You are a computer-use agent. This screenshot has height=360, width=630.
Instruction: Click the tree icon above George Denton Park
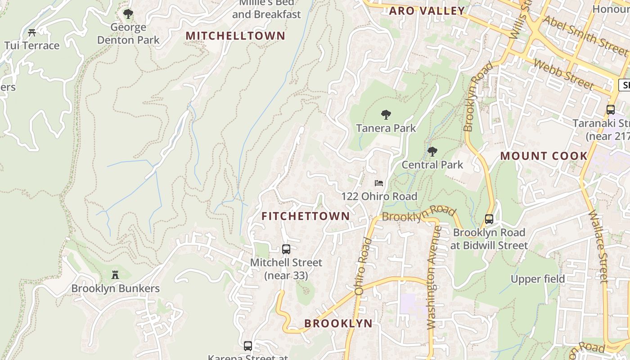coord(128,14)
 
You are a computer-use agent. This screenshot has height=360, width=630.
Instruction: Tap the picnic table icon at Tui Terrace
coord(31,32)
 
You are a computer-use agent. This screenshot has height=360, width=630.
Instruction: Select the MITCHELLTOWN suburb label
coord(235,36)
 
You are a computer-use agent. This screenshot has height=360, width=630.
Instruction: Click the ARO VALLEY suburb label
coord(427,11)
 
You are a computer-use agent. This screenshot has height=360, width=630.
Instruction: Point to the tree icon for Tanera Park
coord(386,115)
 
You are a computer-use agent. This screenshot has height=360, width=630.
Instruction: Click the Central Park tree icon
coord(432,151)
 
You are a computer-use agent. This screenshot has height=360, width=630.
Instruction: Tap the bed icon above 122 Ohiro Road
coord(379,183)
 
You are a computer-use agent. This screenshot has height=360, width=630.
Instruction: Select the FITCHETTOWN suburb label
coord(306,216)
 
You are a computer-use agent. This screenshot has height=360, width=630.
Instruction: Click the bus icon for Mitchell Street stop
coord(286,249)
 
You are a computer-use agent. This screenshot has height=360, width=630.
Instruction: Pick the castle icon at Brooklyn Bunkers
coord(115,274)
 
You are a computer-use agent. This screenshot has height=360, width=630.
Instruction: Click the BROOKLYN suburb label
coord(338,324)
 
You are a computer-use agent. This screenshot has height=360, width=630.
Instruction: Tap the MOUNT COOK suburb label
coord(544,156)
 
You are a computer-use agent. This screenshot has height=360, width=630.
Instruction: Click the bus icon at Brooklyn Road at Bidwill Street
coord(489,219)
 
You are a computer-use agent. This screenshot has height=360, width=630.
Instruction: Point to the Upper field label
coord(537,279)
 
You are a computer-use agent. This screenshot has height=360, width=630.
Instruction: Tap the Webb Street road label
coord(563,74)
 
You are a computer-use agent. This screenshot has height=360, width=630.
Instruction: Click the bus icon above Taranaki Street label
coord(611,109)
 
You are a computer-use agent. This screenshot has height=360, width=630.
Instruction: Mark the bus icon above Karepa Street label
coord(248,346)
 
